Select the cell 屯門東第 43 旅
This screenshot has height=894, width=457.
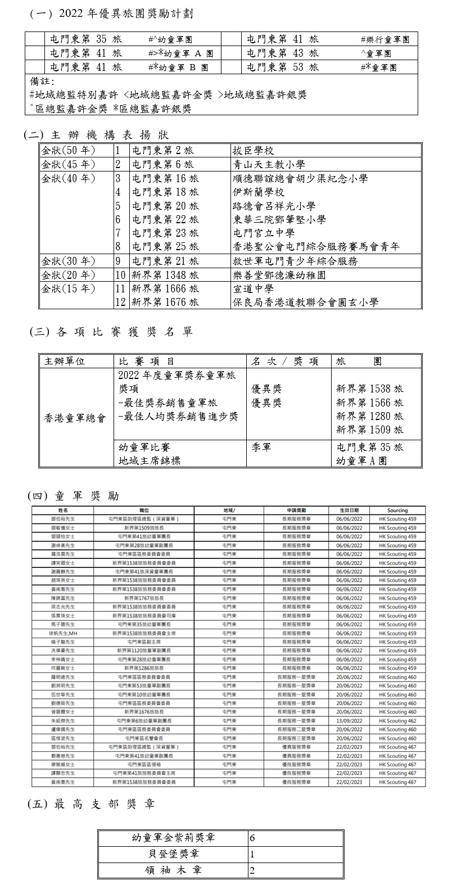tap(283, 53)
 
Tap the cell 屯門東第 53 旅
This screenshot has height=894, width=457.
tap(283, 67)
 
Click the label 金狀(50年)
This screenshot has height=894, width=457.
tap(68, 151)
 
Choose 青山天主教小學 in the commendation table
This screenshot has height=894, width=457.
tap(269, 165)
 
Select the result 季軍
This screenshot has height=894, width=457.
tap(261, 448)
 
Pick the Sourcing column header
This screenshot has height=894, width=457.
tap(397, 510)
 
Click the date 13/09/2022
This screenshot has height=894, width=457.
tap(349, 721)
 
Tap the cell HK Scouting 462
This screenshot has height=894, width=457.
tap(397, 721)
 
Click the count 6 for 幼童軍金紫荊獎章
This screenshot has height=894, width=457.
tap(253, 838)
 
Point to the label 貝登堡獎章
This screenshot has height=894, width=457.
tap(172, 855)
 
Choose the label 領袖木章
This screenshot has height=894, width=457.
tap(172, 871)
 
